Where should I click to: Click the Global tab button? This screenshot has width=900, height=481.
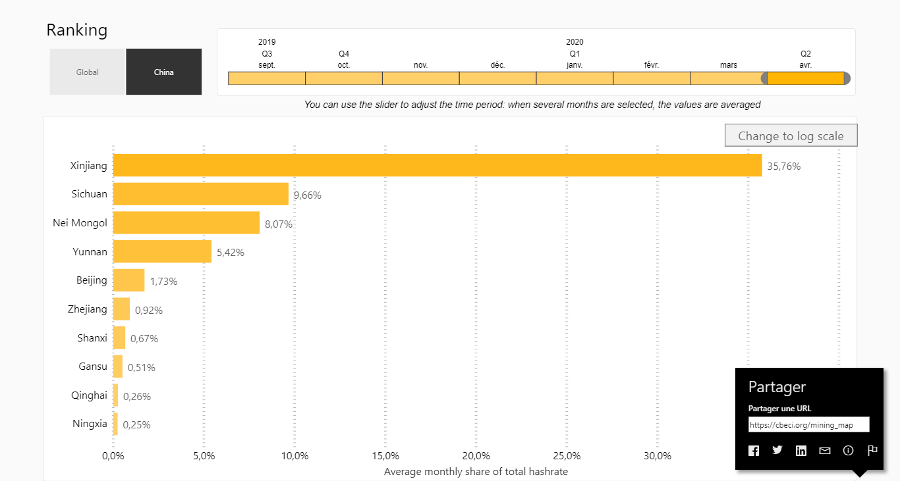(x=88, y=72)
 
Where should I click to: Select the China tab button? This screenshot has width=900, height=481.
(x=164, y=72)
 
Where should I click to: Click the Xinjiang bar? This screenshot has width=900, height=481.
(x=437, y=165)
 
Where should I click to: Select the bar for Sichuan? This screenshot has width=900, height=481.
(x=201, y=194)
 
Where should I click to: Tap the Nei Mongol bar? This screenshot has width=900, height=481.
(x=186, y=223)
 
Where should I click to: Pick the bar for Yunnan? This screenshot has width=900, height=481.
(x=162, y=251)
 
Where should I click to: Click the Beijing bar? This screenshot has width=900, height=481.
(x=128, y=280)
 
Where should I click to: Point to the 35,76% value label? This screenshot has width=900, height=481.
(x=784, y=166)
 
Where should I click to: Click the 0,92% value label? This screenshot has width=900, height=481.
(x=149, y=310)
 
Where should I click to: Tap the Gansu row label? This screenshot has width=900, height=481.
(x=92, y=367)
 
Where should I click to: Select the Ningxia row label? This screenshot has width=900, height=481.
(x=90, y=424)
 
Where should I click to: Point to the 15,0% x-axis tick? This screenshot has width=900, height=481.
(x=385, y=456)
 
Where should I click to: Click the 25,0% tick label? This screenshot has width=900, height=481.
(x=567, y=456)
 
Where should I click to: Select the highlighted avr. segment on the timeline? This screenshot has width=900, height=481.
(x=805, y=78)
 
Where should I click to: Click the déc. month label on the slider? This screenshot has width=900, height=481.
(x=497, y=65)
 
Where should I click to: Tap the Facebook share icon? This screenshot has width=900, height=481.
(x=754, y=451)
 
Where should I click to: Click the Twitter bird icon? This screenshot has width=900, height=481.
(x=777, y=450)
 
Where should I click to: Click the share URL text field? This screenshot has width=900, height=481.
(x=808, y=424)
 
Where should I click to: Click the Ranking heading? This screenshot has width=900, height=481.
(x=76, y=30)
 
